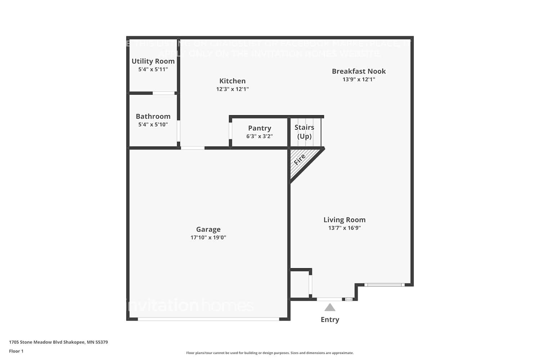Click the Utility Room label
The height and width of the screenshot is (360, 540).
click(x=153, y=61)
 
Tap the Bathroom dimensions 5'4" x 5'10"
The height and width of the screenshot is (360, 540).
click(x=153, y=125)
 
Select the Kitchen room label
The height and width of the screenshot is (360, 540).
click(x=232, y=81)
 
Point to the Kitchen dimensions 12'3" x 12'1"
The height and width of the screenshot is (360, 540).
click(x=232, y=89)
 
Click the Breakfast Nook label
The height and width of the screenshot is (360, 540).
click(x=359, y=71)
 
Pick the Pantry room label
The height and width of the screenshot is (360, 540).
click(x=259, y=128)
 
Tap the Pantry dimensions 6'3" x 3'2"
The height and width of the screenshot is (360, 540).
click(x=259, y=136)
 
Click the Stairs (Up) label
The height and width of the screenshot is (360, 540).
click(x=304, y=132)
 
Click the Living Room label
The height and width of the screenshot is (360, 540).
click(x=344, y=220)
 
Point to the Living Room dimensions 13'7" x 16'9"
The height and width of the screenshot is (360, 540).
click(x=344, y=228)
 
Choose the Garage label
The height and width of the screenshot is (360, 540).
click(x=208, y=229)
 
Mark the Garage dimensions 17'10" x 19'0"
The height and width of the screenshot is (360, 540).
click(x=208, y=238)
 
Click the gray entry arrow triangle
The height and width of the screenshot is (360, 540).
click(x=330, y=307)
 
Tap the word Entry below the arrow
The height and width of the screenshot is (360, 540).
click(x=330, y=320)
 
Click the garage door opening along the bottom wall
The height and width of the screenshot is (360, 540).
click(x=208, y=319)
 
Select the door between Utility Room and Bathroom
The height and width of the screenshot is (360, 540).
click(x=163, y=93)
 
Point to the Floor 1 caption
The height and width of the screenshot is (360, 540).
click(x=16, y=351)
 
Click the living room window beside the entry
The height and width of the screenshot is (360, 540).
click(x=384, y=285)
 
